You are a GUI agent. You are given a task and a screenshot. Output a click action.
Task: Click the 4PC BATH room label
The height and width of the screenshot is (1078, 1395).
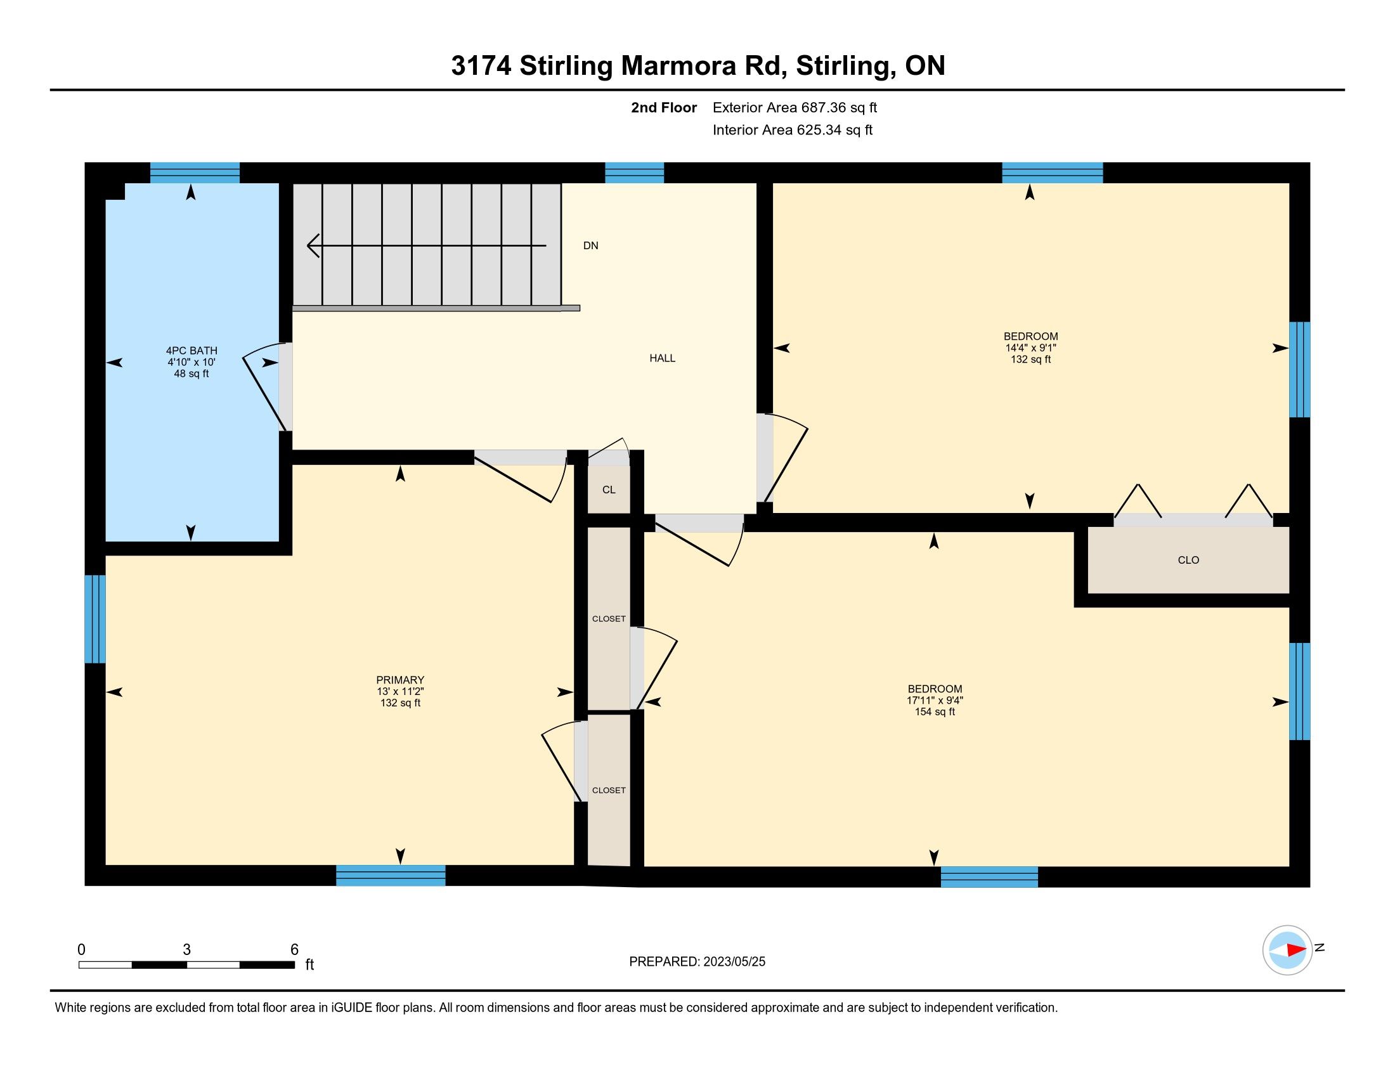click(x=191, y=350)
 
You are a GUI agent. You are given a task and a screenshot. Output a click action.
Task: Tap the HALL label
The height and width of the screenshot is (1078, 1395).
click(x=663, y=358)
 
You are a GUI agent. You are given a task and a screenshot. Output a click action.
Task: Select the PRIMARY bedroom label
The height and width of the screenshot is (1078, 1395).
click(x=401, y=680)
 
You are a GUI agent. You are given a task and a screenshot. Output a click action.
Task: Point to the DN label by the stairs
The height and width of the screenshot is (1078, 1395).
click(x=591, y=246)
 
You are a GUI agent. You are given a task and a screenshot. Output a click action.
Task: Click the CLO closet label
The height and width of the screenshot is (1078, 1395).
click(x=1189, y=560)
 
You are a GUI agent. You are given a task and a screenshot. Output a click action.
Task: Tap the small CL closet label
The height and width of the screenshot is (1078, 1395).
click(x=609, y=490)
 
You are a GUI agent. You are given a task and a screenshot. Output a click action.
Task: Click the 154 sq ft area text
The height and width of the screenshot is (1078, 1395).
click(x=935, y=712)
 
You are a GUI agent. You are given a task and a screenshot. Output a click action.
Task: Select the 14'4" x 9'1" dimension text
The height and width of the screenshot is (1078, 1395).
click(x=1031, y=348)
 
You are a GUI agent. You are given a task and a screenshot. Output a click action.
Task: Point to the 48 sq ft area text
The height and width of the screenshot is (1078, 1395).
click(x=191, y=373)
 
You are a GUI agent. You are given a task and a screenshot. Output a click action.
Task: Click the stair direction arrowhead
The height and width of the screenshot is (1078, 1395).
click(x=313, y=246)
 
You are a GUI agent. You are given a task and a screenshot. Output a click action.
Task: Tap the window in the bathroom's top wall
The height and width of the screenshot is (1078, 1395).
click(x=195, y=173)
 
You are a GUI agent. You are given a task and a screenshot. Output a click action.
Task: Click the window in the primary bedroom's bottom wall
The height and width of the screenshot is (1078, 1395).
click(x=391, y=876)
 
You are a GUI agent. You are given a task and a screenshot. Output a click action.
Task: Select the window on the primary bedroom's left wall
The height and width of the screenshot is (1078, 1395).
click(x=95, y=620)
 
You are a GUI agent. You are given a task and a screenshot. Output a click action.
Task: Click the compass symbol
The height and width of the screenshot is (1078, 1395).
click(x=1288, y=950)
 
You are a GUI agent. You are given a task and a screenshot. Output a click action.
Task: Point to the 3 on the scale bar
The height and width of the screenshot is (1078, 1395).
click(x=186, y=950)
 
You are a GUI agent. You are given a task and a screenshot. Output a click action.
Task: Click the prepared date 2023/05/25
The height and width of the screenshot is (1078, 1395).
click(x=734, y=962)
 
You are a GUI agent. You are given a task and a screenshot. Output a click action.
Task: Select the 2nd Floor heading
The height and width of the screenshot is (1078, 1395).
click(x=664, y=108)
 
